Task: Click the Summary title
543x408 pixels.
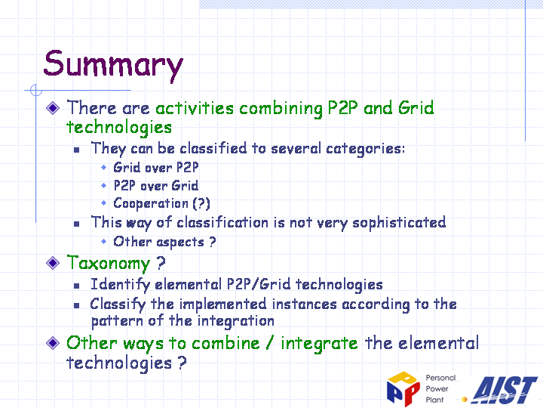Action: (113, 65)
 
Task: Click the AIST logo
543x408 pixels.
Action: (505, 390)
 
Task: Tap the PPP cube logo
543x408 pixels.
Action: (403, 388)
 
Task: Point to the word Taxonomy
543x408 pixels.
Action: (109, 264)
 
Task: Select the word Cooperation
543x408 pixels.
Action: (151, 203)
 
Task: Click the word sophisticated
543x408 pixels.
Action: (399, 223)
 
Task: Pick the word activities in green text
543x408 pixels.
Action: (195, 108)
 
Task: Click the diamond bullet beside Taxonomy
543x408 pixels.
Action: (53, 263)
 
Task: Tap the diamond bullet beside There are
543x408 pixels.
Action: (53, 107)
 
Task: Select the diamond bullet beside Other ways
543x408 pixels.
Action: (53, 343)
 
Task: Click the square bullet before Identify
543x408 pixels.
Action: (76, 286)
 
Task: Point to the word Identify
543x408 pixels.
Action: (120, 285)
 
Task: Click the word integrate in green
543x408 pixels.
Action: (319, 344)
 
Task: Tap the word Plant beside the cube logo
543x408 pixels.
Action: (434, 400)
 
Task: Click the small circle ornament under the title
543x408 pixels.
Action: (36, 90)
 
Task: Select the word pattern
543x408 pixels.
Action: (117, 321)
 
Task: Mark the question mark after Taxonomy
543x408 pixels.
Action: (161, 263)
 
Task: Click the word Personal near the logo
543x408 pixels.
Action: (440, 378)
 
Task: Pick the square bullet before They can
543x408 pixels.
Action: (76, 150)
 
